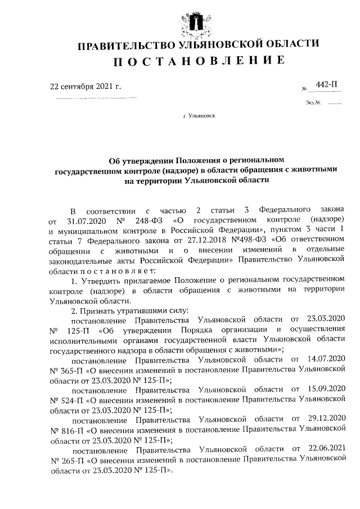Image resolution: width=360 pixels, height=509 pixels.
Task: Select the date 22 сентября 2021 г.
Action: pos(85,87)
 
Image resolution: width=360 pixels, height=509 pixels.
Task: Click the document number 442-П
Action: pos(327,85)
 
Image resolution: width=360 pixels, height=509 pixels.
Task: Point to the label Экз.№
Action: pos(313,103)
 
